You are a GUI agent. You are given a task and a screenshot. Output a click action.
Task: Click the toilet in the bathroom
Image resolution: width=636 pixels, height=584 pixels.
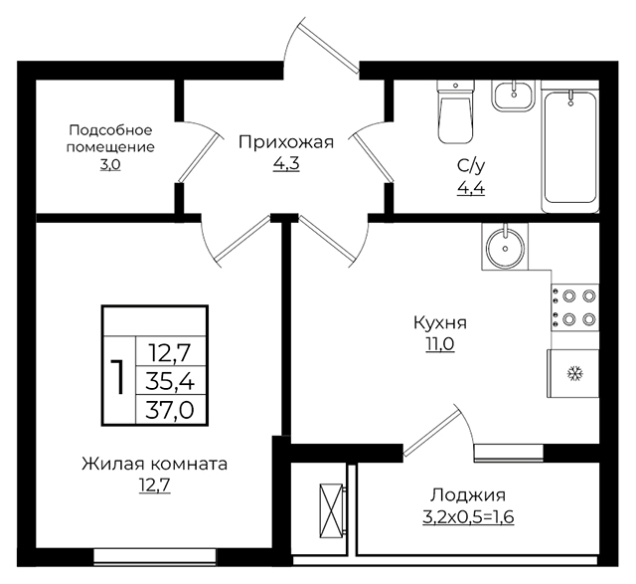pos(455,111)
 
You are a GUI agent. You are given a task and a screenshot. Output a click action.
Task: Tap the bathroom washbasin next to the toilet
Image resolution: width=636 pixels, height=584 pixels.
pos(514,96)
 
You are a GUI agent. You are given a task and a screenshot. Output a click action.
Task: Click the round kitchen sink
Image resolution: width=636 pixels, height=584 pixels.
pos(505,247)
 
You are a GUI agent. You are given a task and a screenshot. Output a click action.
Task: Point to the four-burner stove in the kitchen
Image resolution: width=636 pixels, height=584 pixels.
pos(574,307)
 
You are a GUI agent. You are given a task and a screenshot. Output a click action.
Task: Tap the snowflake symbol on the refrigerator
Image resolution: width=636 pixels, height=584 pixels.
pos(574,373)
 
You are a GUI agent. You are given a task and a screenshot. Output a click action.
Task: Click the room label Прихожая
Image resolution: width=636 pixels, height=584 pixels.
pos(286,143)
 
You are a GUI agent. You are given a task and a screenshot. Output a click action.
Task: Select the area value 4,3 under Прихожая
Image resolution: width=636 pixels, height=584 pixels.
pos(286,164)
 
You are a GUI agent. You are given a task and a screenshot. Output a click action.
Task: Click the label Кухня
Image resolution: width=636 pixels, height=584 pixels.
pos(440,323)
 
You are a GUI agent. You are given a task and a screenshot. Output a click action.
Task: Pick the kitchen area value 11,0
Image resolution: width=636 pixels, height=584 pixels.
pos(440,344)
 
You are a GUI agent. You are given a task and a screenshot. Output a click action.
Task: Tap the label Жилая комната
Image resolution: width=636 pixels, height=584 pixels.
pos(155,464)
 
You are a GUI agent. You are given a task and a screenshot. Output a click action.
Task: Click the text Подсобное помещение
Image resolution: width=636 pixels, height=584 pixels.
pos(110,138)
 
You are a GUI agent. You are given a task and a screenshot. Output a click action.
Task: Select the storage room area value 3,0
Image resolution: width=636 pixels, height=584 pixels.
pos(110,165)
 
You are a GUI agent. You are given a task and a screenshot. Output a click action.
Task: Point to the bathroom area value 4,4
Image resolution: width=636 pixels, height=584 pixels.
pos(471,188)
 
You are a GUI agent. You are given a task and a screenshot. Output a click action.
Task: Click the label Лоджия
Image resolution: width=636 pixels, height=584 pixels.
pos(468,495)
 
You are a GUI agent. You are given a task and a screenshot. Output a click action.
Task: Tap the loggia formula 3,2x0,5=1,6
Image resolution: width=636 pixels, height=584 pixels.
pos(468,517)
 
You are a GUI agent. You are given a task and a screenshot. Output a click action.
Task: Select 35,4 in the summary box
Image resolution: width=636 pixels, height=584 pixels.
pos(170,382)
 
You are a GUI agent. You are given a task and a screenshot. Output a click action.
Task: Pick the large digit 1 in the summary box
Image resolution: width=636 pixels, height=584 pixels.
pos(117,377)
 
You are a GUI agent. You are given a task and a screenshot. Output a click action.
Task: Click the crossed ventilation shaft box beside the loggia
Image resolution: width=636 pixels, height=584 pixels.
pos(331,510)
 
